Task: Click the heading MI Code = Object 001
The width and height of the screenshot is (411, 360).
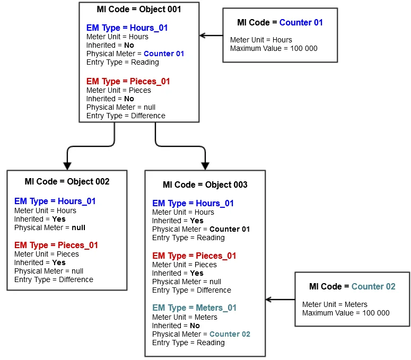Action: pyautogui.click(x=139, y=10)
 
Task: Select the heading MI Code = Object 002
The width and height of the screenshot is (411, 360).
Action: pyautogui.click(x=67, y=181)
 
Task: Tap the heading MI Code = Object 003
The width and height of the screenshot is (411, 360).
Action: pyautogui.click(x=205, y=185)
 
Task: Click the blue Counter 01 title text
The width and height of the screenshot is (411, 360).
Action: pyautogui.click(x=301, y=22)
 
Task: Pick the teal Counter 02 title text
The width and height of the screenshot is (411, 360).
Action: pyautogui.click(x=373, y=286)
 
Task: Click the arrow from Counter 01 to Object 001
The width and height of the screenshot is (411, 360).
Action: pyautogui.click(x=211, y=36)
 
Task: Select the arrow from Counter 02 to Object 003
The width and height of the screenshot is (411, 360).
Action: pyautogui.click(x=280, y=300)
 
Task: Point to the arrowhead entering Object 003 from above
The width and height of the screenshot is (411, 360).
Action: pyautogui.click(x=205, y=165)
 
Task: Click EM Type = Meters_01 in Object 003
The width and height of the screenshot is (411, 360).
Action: pyautogui.click(x=194, y=308)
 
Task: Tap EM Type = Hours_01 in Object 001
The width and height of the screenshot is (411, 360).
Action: pyautogui.click(x=128, y=27)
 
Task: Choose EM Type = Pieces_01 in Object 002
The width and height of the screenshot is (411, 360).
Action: pyautogui.click(x=56, y=245)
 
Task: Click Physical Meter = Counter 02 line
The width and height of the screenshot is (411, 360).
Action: pyautogui.click(x=201, y=334)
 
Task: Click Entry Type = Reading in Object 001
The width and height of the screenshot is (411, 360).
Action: pyautogui.click(x=123, y=62)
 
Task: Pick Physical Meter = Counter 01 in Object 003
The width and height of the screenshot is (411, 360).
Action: pyautogui.click(x=201, y=229)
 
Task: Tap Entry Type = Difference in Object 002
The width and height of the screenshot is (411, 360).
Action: pyautogui.click(x=54, y=279)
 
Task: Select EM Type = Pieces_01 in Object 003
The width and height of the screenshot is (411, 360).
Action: pyautogui.click(x=194, y=256)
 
